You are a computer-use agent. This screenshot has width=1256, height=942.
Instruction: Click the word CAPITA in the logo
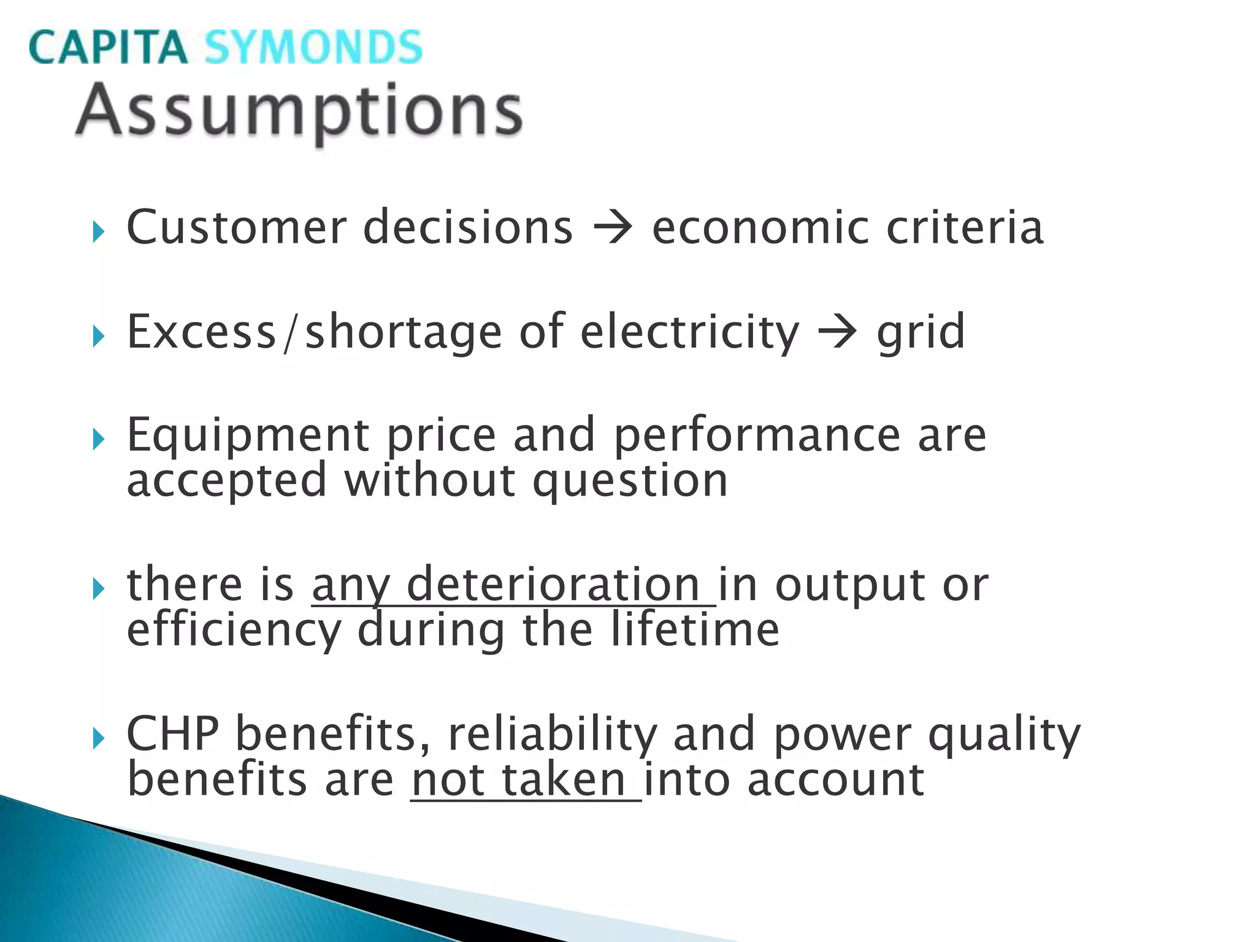[107, 47]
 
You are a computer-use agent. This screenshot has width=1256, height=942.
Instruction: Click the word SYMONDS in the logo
[313, 47]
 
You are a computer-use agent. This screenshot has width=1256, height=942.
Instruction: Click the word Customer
[236, 227]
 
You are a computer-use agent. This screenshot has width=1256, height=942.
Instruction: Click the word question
[630, 482]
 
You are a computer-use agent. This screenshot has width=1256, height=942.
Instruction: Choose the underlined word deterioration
[553, 584]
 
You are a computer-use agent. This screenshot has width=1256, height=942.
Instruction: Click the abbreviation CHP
[172, 733]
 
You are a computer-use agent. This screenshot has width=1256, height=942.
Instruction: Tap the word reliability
[553, 735]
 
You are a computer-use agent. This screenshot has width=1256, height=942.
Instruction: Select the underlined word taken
[564, 779]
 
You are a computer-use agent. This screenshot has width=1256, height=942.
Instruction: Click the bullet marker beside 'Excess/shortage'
[99, 336]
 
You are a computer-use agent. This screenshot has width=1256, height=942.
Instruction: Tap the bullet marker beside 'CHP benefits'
[99, 738]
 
